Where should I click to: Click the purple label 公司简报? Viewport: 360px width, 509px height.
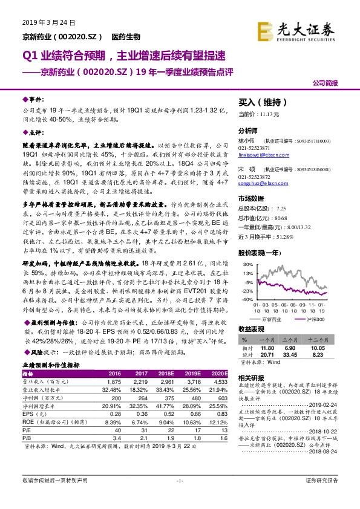(326, 82)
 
